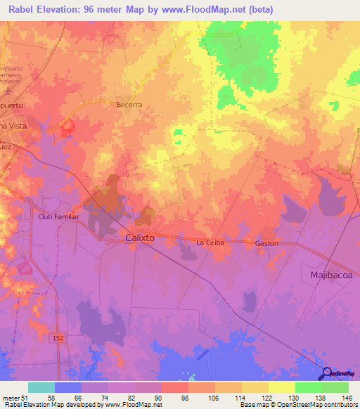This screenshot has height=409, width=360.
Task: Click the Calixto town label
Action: coord(139,238)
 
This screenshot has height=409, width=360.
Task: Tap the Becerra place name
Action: coord(129,104)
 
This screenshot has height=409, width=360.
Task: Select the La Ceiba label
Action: coord(209,243)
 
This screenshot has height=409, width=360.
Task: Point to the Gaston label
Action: coord(266,243)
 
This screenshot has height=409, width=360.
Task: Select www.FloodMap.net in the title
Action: coord(212,9)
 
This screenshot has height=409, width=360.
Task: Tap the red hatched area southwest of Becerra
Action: coord(67,127)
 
